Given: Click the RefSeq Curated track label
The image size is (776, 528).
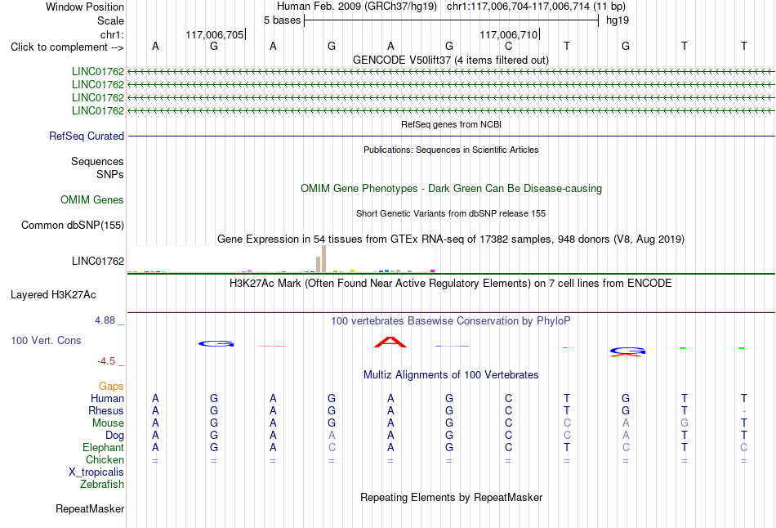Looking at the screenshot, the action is pyautogui.click(x=87, y=136).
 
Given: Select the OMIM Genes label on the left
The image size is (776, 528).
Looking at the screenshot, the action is pyautogui.click(x=92, y=199).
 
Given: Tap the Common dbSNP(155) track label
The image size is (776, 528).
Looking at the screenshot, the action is pyautogui.click(x=73, y=226).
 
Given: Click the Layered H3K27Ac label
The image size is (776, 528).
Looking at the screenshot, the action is pyautogui.click(x=53, y=295).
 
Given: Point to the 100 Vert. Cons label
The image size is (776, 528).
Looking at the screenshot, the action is pyautogui.click(x=46, y=340).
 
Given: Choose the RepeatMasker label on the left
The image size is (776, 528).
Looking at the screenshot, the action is pyautogui.click(x=90, y=508).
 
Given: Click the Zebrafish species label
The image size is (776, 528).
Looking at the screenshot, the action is pyautogui.click(x=102, y=484).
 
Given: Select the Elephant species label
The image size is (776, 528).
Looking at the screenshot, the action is pyautogui.click(x=104, y=447).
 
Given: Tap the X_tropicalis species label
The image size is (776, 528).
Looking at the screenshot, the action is pyautogui.click(x=96, y=472).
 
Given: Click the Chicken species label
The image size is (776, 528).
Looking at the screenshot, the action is pyautogui.click(x=105, y=459).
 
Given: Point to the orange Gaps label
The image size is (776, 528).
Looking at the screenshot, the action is pyautogui.click(x=111, y=387).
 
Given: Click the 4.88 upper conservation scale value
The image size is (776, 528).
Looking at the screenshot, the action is pyautogui.click(x=105, y=320).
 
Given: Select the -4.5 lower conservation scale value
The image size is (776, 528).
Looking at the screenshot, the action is pyautogui.click(x=106, y=361).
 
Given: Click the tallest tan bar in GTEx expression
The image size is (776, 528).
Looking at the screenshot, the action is pyautogui.click(x=323, y=259).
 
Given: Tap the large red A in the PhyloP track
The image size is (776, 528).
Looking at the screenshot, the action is pyautogui.click(x=390, y=342).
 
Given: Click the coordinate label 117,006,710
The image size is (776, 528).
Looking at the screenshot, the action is pyautogui.click(x=508, y=34).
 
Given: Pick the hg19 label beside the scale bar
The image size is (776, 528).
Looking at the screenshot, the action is pyautogui.click(x=618, y=20).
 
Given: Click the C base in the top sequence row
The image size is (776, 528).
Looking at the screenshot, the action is pyautogui.click(x=508, y=46).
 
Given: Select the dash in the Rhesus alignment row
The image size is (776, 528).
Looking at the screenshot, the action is pyautogui.click(x=744, y=411).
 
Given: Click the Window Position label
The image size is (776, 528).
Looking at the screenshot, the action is pyautogui.click(x=85, y=7).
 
